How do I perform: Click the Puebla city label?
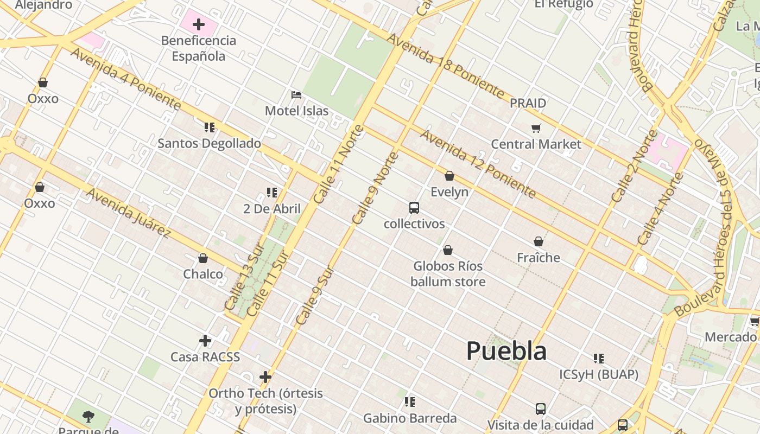tap(506, 351)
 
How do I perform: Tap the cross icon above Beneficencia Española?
tap(199, 24)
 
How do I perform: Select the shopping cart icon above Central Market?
tap(536, 129)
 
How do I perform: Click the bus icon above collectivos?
tap(414, 208)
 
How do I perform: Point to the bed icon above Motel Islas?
tap(296, 95)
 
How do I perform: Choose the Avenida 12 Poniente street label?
tap(478, 164)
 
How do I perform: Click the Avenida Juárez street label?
tap(129, 213)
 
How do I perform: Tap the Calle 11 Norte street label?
tap(339, 164)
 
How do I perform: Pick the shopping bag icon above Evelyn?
tap(449, 176)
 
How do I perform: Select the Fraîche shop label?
tap(539, 257)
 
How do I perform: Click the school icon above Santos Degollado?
tap(210, 127)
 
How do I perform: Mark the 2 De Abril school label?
tap(272, 209)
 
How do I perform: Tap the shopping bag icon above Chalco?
tap(203, 258)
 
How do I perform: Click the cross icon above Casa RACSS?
tap(205, 341)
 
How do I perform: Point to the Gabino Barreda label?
tap(410, 418)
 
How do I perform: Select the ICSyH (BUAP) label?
tap(599, 374)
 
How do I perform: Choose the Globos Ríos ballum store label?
tap(448, 273)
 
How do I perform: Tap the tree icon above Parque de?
tap(88, 417)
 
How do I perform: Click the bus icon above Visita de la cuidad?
tap(541, 409)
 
